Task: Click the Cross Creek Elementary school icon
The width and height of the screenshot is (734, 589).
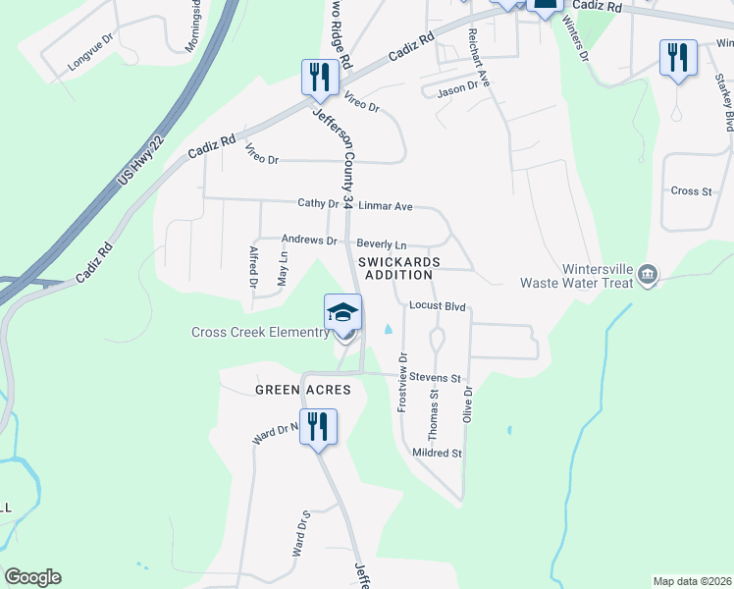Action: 343,313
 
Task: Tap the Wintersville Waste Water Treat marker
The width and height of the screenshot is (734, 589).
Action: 647,274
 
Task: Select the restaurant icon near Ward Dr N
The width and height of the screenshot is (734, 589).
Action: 318,427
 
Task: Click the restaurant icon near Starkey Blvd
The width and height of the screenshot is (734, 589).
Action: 678,58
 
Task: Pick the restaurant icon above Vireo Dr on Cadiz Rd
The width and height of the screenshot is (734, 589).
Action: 320,77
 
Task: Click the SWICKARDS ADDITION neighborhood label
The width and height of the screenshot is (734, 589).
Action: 399,268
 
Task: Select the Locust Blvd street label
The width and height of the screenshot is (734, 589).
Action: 437,306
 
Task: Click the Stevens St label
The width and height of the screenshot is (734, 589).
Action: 435,377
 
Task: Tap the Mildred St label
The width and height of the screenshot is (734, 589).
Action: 437,453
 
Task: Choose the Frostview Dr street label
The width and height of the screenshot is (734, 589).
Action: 402,384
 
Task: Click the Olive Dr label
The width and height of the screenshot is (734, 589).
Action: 468,404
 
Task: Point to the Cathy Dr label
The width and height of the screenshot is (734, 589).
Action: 319,204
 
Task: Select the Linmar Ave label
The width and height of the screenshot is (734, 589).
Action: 386,206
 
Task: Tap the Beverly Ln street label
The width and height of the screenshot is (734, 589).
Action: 381,243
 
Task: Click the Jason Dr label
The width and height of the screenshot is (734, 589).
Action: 456,86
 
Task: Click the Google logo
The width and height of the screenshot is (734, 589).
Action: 32,577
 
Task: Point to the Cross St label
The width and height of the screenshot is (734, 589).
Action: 691,191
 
